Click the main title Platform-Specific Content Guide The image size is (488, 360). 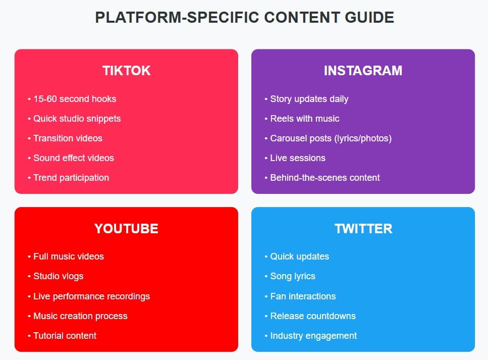coord(244,18)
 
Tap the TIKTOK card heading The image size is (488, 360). coord(126,71)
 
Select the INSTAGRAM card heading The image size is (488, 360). coord(363,71)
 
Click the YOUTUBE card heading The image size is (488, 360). coord(126,229)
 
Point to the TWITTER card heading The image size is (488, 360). coord(363,229)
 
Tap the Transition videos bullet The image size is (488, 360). coord(68,138)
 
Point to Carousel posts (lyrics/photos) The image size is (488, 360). coord(331,138)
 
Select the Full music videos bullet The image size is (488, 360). coord(68,256)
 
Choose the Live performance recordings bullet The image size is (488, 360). coord(91,296)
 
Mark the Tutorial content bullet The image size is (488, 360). coord(65,336)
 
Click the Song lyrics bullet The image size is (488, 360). coord(292,276)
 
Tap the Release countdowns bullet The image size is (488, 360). coord(312,316)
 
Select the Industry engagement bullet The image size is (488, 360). coord(313,336)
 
